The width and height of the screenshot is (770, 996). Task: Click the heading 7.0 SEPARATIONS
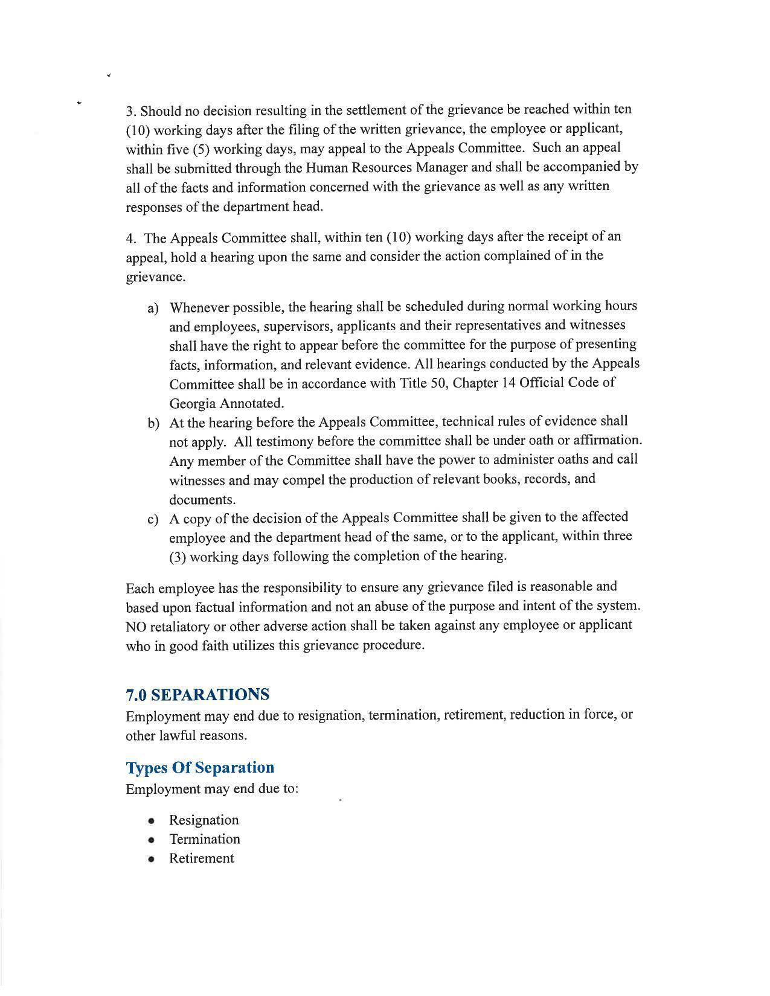point(197,695)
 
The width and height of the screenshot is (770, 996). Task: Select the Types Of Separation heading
point(200,768)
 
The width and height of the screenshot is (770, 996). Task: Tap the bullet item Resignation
point(204,820)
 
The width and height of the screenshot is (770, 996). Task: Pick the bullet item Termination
point(205,839)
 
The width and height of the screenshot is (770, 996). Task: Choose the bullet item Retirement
point(201,858)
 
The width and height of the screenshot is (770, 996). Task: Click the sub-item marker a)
point(153,308)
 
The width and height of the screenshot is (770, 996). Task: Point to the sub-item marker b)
point(153,423)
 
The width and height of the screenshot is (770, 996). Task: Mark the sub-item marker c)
point(153,519)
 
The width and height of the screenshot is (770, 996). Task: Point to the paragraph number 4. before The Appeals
point(131,238)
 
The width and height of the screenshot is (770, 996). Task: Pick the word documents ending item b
point(193,500)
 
